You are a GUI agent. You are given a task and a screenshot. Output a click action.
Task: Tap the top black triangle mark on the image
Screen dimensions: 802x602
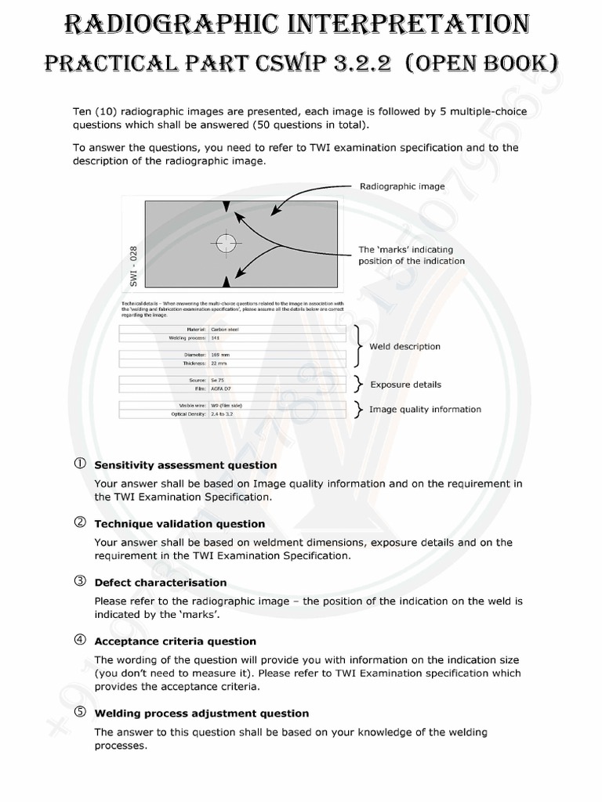pyautogui.click(x=227, y=206)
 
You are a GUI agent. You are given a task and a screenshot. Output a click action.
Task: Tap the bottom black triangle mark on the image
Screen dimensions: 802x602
pyautogui.click(x=227, y=281)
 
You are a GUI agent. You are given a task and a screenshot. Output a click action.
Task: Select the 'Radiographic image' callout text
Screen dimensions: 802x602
pyautogui.click(x=402, y=186)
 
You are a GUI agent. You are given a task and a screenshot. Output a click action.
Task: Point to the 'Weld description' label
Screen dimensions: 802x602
pyautogui.click(x=404, y=346)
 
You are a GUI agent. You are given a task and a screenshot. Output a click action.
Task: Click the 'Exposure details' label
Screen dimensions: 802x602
pyautogui.click(x=405, y=385)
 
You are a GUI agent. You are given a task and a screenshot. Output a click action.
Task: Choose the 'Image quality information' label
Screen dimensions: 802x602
pyautogui.click(x=425, y=409)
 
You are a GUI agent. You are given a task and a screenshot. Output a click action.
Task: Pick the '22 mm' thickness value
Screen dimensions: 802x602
pyautogui.click(x=219, y=363)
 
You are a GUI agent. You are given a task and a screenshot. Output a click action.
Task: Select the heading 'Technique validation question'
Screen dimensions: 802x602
pyautogui.click(x=180, y=524)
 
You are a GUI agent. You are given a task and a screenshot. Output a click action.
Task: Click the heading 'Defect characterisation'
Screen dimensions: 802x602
pyautogui.click(x=160, y=583)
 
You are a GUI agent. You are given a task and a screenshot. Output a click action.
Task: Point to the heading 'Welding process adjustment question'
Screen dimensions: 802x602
pyautogui.click(x=201, y=713)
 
